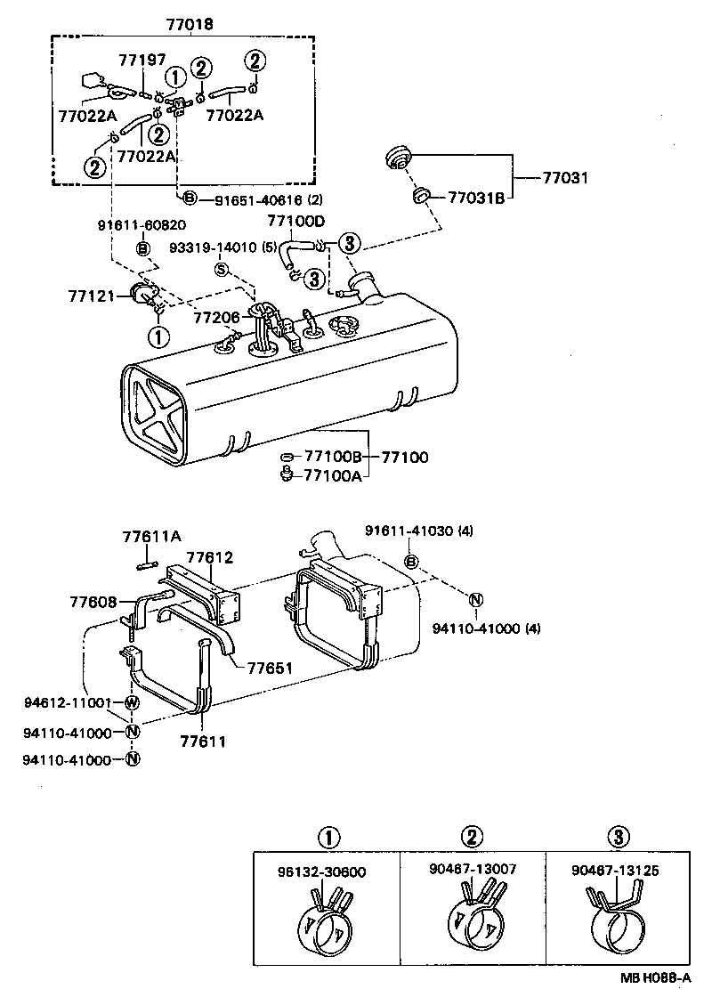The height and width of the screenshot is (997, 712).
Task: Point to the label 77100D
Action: (296, 221)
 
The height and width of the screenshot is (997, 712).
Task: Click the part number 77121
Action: (91, 295)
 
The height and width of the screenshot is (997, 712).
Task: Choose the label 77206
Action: (216, 316)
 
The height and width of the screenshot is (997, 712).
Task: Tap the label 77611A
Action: (151, 536)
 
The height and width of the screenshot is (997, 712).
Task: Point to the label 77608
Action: (93, 603)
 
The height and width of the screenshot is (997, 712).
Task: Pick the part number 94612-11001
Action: (67, 702)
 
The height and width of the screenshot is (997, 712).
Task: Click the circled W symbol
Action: (132, 703)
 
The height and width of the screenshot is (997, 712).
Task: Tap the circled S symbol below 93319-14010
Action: (222, 269)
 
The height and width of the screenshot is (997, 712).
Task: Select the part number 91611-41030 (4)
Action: (418, 531)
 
